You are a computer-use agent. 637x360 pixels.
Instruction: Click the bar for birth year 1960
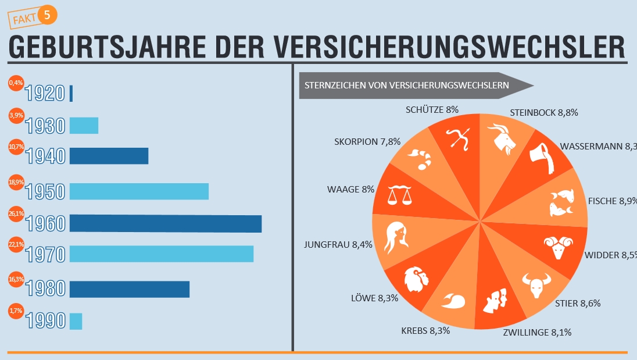click(166, 223)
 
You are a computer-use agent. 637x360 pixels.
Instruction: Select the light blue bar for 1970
click(162, 254)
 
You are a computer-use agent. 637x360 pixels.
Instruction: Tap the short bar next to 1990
click(76, 322)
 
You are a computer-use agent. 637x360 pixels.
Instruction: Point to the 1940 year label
click(45, 156)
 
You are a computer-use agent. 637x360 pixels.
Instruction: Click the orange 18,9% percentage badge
click(16, 182)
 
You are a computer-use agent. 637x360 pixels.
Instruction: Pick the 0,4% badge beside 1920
click(16, 83)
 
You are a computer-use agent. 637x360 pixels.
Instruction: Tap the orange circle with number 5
click(48, 16)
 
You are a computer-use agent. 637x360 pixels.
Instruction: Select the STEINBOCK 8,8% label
click(543, 113)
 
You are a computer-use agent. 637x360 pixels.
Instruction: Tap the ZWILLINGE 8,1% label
click(537, 333)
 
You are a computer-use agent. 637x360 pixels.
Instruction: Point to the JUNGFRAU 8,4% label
click(338, 245)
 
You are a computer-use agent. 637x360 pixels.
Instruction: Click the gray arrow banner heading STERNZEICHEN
click(415, 85)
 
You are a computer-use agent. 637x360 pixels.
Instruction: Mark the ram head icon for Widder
click(559, 248)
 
